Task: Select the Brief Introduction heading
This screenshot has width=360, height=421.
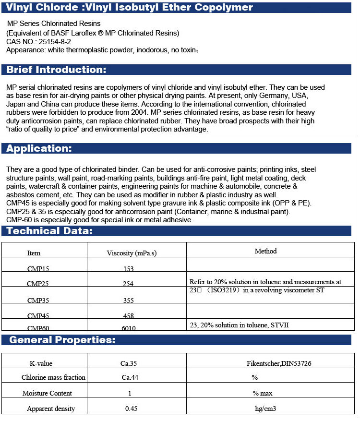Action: (x=56, y=70)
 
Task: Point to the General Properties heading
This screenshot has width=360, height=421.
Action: (x=62, y=340)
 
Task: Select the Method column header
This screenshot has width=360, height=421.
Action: (x=265, y=251)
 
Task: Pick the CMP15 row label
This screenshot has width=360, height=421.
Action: (x=37, y=269)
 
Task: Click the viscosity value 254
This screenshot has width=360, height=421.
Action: (x=128, y=284)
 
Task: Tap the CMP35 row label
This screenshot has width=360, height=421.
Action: (x=37, y=301)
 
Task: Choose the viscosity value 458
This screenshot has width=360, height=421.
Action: (x=128, y=316)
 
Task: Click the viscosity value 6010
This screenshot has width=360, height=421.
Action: (x=128, y=328)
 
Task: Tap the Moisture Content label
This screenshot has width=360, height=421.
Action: (x=47, y=393)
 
